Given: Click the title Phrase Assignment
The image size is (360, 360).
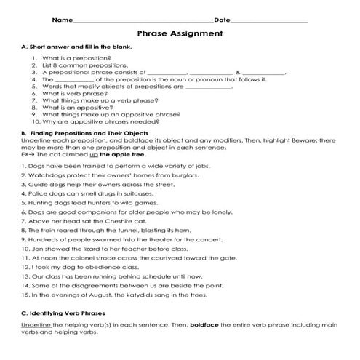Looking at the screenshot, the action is click(x=180, y=33).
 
